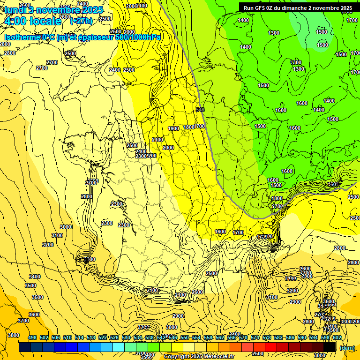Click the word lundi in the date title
tap(17, 10)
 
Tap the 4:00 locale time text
tap(33, 21)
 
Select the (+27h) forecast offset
tap(81, 21)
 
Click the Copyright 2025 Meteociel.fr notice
tap(199, 356)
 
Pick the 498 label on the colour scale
tap(32, 337)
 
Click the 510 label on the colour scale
tap(67, 337)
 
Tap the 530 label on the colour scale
tap(126, 337)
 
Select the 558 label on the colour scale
tap(208, 337)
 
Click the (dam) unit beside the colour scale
tap(347, 348)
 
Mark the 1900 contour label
tap(173, 128)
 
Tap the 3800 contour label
tap(14, 335)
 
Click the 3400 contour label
tap(35, 277)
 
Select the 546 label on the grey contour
tap(201, 110)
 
